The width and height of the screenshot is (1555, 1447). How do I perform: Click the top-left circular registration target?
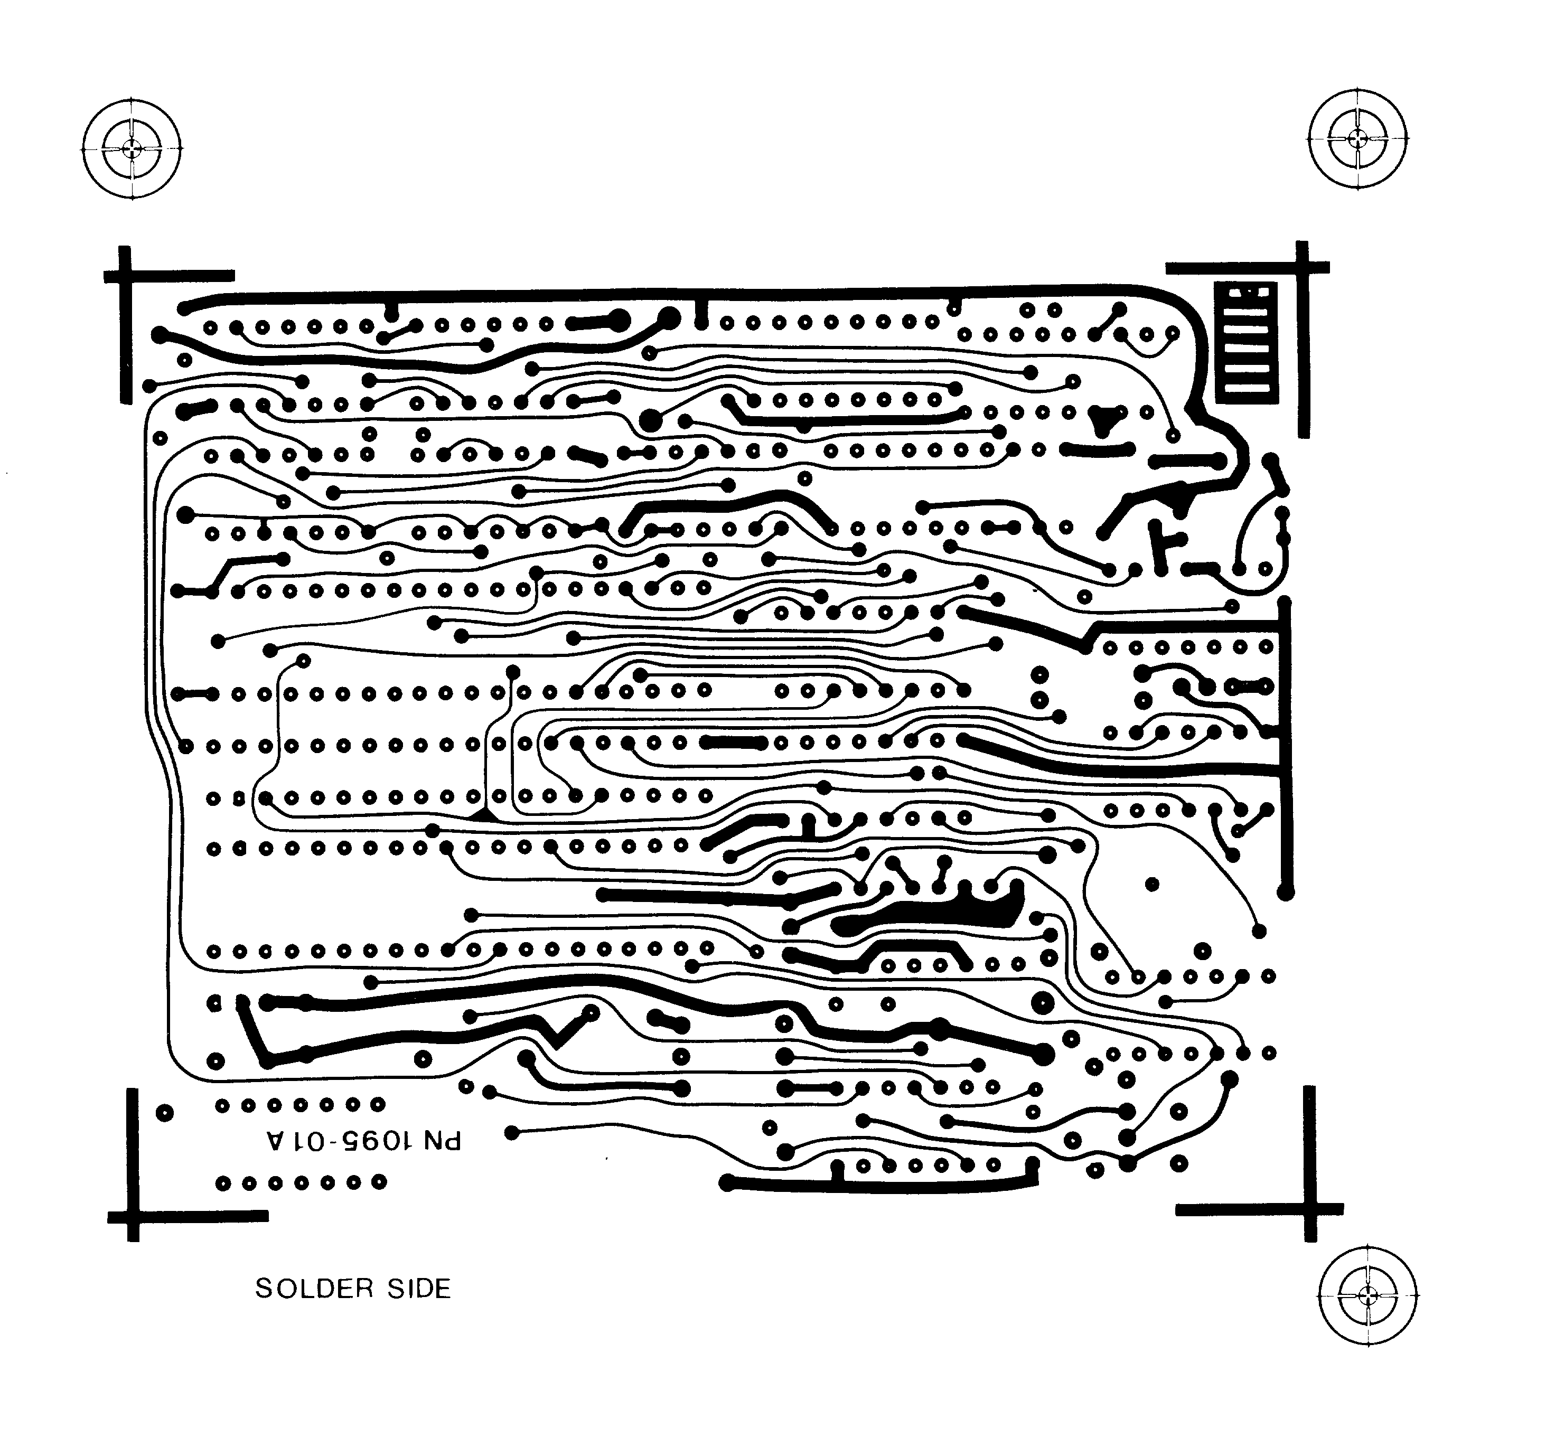tap(132, 148)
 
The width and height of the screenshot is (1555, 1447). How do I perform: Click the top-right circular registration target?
tap(1357, 139)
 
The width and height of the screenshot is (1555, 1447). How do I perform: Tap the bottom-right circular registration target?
tap(1367, 1296)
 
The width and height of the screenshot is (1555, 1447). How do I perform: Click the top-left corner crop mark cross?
tap(125, 276)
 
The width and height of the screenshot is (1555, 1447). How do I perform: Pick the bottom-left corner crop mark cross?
tap(133, 1216)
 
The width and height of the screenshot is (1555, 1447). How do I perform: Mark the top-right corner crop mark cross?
tap(1303, 268)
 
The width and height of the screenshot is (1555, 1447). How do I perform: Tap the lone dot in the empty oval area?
tap(1151, 885)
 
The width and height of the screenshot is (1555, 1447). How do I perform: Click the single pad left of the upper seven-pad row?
tap(164, 1112)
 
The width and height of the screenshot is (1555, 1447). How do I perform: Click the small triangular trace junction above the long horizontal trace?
tap(484, 815)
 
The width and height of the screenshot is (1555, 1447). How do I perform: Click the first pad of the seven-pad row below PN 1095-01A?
tap(223, 1182)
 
